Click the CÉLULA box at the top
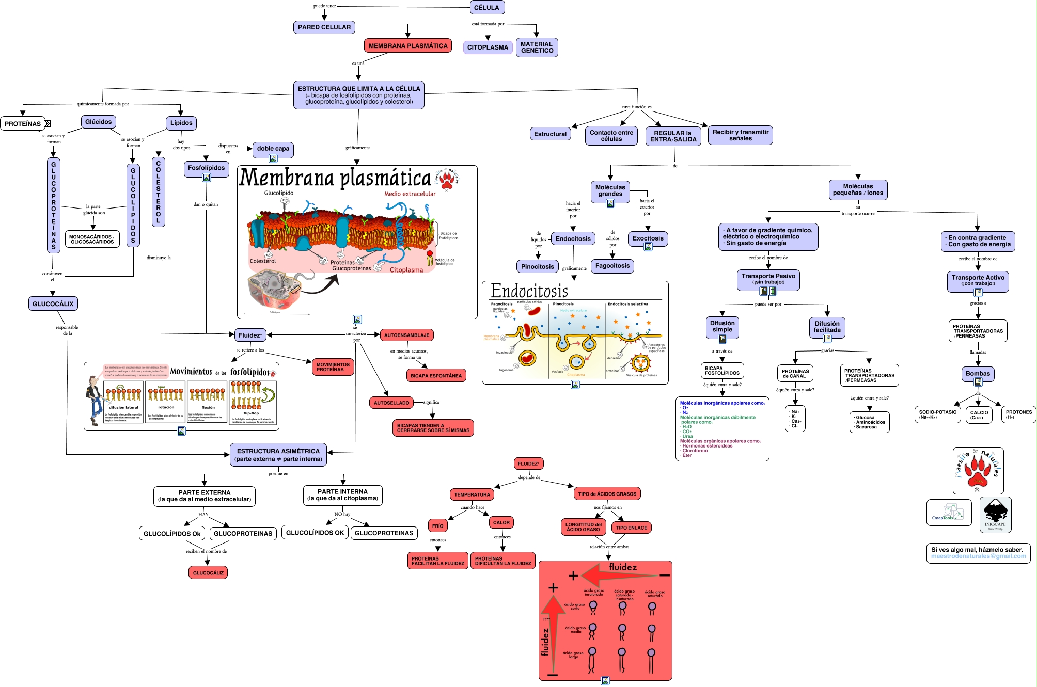pyautogui.click(x=486, y=8)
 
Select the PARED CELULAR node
pyautogui.click(x=324, y=27)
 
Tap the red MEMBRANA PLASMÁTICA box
pyautogui.click(x=408, y=46)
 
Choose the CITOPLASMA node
pyautogui.click(x=488, y=47)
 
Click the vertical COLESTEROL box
pyautogui.click(x=159, y=191)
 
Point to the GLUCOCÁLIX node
pyautogui.click(x=53, y=304)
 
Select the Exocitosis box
pyautogui.click(x=648, y=238)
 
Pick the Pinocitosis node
pyautogui.click(x=537, y=267)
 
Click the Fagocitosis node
pyautogui.click(x=612, y=266)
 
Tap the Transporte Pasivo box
pyautogui.click(x=768, y=278)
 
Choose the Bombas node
pyautogui.click(x=978, y=374)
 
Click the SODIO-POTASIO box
pyautogui.click(x=937, y=414)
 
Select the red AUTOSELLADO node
pyautogui.click(x=391, y=403)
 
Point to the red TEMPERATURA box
pyautogui.click(x=472, y=494)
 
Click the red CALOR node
pyautogui.click(x=501, y=523)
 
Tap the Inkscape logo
pyautogui.click(x=995, y=515)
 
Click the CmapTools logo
pyautogui.click(x=949, y=513)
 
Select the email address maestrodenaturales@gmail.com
pyautogui.click(x=978, y=556)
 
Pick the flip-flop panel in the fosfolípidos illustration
pyautogui.click(x=253, y=403)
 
